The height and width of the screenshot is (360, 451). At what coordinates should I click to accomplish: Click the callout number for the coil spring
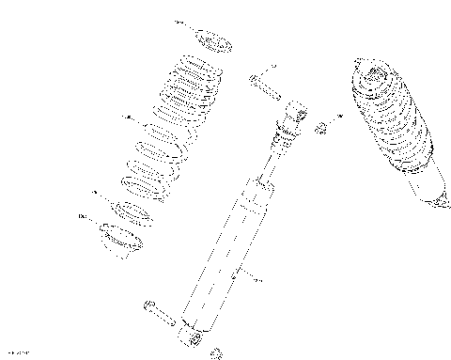click(128, 118)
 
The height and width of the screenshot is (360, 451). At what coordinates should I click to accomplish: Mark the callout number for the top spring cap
click(179, 21)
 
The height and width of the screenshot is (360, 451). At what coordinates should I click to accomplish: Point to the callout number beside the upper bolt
click(272, 65)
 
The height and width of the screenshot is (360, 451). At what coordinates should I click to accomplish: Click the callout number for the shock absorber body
click(259, 279)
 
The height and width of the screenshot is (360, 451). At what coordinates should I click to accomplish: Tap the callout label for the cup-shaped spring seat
click(83, 217)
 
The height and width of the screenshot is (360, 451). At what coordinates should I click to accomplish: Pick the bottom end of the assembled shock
click(434, 199)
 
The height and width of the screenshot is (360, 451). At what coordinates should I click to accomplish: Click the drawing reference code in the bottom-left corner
click(19, 352)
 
